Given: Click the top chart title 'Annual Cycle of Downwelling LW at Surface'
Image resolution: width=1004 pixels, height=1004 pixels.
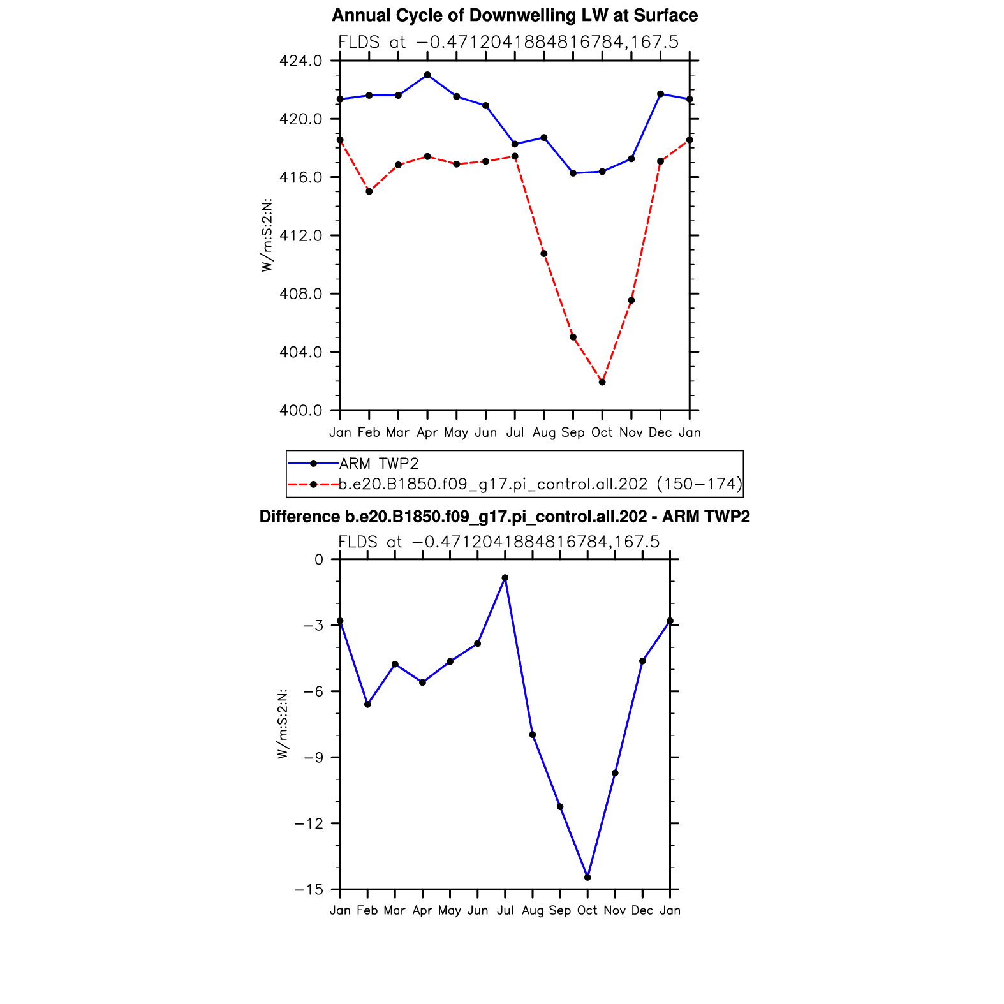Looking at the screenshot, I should [514, 15].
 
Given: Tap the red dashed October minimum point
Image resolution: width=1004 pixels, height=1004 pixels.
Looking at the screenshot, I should [602, 382].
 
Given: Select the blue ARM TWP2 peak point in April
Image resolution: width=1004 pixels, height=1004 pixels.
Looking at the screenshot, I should [427, 75].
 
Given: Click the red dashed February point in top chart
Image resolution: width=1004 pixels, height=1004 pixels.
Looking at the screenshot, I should [369, 191].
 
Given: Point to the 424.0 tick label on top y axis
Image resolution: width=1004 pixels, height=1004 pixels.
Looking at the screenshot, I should [300, 61].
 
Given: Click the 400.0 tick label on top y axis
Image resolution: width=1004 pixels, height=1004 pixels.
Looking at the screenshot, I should [300, 410].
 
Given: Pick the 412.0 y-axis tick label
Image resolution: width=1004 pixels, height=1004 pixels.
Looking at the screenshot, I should [300, 236].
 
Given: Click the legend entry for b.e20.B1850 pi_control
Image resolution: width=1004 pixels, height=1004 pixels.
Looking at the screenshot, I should [540, 484].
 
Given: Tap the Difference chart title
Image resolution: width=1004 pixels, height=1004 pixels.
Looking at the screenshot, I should [505, 517].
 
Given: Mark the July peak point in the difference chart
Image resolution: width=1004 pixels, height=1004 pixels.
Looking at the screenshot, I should [505, 578].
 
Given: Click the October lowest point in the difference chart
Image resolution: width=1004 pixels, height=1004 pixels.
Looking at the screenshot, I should [587, 877].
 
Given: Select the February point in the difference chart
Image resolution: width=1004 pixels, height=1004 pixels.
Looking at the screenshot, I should [367, 704].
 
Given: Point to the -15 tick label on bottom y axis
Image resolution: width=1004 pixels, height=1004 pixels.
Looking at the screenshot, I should [309, 890].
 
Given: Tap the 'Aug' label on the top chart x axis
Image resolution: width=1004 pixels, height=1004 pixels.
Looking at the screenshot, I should [544, 432].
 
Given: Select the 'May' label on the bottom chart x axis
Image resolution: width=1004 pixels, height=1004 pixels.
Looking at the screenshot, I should [450, 910].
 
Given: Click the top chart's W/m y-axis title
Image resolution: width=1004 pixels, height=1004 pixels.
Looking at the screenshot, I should [267, 235].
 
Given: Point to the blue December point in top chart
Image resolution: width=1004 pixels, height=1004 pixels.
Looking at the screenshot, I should [660, 94].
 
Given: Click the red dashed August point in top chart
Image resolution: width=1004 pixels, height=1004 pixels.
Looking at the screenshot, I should [544, 254].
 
